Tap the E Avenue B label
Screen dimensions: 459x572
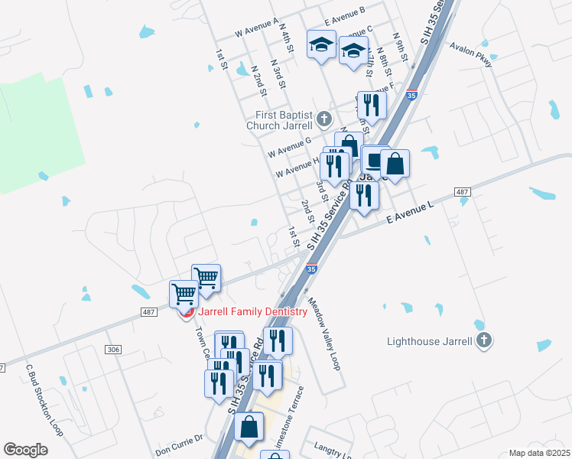[x=344, y=10]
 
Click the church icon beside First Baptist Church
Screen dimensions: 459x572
[x=325, y=119]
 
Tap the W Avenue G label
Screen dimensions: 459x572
[x=289, y=148]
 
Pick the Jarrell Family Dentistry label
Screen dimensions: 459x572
[x=252, y=311]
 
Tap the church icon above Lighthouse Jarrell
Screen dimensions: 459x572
[x=483, y=340]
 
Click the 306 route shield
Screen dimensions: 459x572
[x=114, y=349]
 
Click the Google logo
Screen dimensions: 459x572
[x=25, y=450]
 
